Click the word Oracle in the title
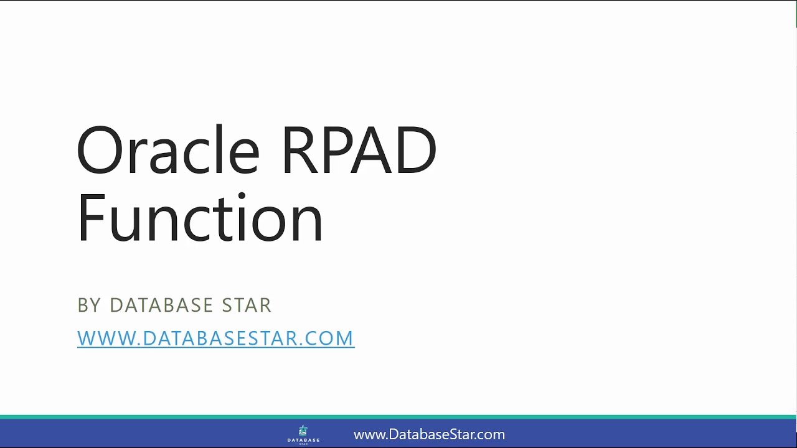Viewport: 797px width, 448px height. [167, 151]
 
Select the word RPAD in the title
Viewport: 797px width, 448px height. [359, 151]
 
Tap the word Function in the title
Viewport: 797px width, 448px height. [199, 218]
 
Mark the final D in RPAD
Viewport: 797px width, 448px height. [414, 151]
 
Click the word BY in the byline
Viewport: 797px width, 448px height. [89, 306]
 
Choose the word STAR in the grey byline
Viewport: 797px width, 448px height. [247, 306]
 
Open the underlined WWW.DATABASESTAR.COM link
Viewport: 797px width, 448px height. [215, 338]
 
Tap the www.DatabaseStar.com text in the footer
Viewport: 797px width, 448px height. [429, 434]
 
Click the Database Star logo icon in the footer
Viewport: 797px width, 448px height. [303, 431]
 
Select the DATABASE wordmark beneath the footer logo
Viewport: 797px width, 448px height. [303, 440]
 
